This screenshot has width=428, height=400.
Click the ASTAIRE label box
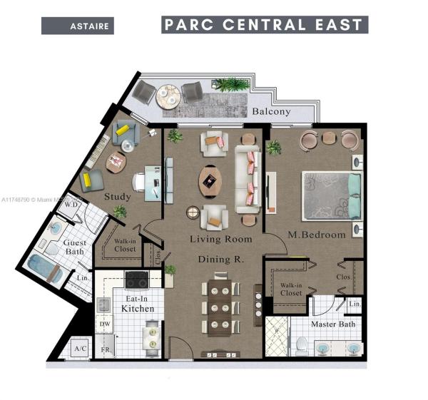77,26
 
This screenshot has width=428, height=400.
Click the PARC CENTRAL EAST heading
265,25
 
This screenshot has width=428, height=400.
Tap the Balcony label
271,111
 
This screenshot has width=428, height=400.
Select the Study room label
117,196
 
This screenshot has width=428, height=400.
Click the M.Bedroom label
317,235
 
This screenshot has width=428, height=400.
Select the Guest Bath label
75,247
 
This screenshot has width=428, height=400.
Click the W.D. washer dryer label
71,205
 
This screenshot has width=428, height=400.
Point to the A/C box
80,349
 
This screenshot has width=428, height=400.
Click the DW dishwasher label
104,325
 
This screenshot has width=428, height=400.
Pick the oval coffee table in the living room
209,180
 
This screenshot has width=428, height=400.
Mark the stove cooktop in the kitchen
136,279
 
